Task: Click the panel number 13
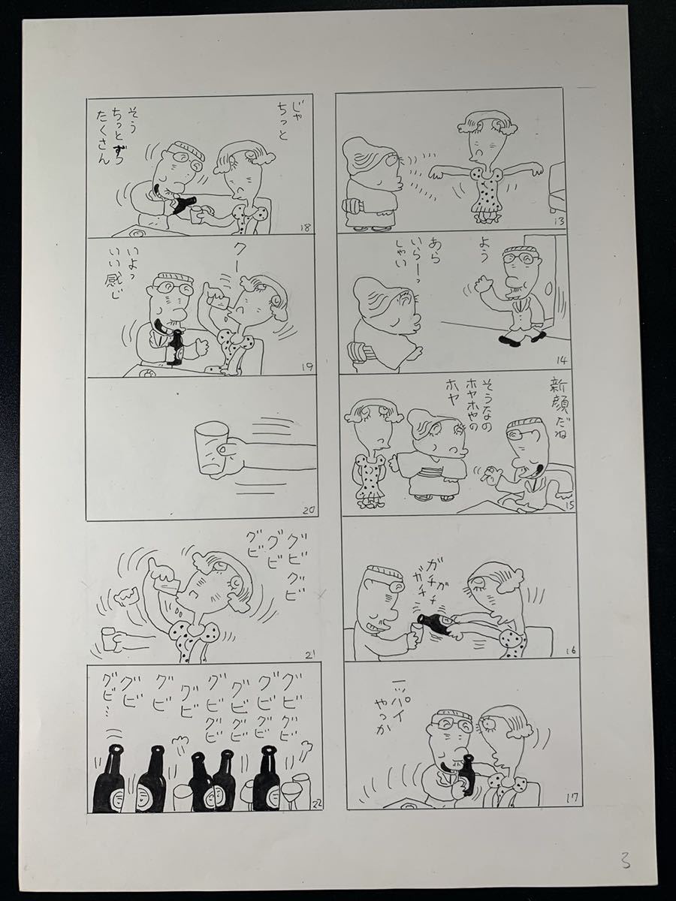[x=560, y=221]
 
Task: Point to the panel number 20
[x=307, y=511]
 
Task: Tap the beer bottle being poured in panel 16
[x=433, y=623]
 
